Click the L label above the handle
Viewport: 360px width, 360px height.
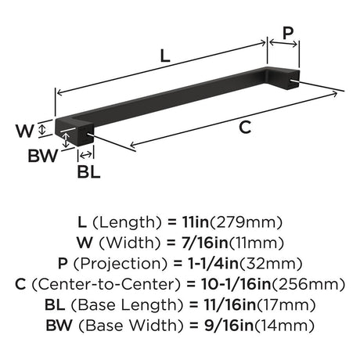coord(166,56)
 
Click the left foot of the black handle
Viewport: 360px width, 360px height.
coord(85,136)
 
